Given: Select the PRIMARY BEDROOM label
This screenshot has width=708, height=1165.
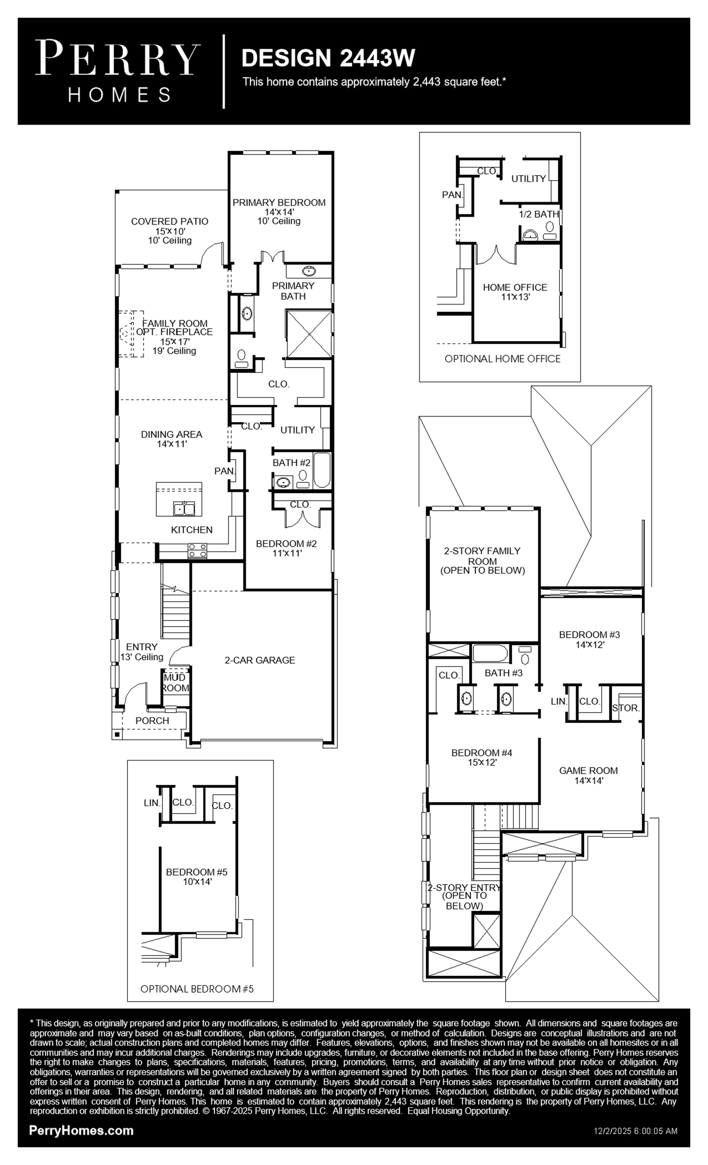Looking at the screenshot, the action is pyautogui.click(x=279, y=202).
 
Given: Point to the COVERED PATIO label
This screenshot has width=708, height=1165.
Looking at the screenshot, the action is pyautogui.click(x=169, y=221).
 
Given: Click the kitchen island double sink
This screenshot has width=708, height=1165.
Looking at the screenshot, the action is pyautogui.click(x=184, y=509).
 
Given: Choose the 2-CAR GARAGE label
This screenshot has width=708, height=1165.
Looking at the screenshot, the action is pyautogui.click(x=260, y=660).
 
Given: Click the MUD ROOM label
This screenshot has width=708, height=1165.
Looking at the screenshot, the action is pyautogui.click(x=175, y=683).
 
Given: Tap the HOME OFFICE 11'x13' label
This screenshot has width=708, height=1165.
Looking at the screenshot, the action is pyautogui.click(x=515, y=292).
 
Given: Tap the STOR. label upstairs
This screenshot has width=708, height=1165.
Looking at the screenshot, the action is pyautogui.click(x=626, y=708).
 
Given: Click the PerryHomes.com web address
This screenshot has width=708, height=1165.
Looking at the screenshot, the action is pyautogui.click(x=81, y=1131).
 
